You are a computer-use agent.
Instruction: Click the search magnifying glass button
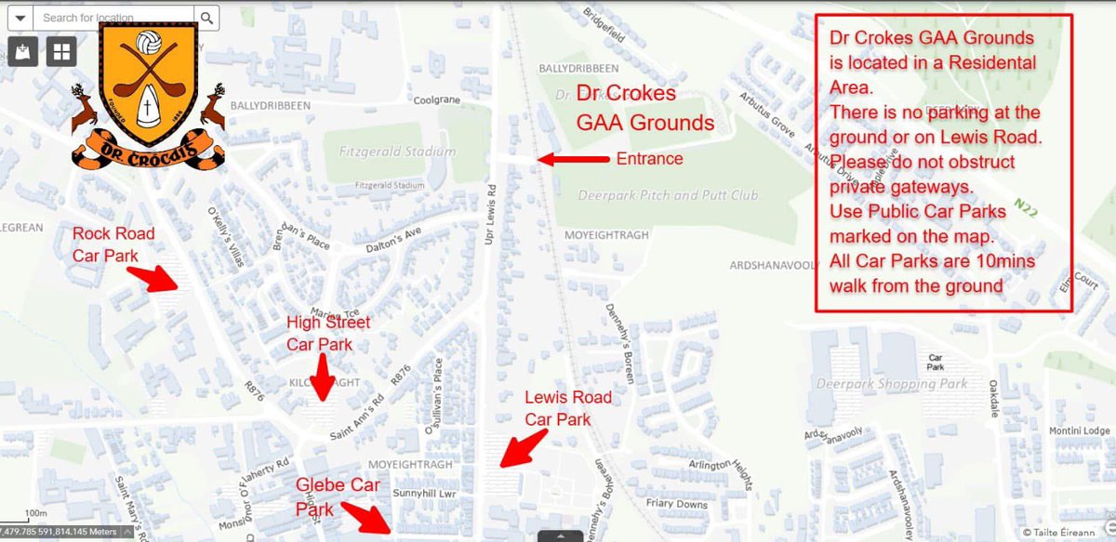tap(206, 17)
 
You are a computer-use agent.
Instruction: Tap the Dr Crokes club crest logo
tap(149, 97)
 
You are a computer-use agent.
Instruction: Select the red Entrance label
tap(649, 159)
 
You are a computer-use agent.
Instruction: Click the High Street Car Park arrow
tap(322, 377)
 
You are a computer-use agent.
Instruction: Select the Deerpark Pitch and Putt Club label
tap(668, 195)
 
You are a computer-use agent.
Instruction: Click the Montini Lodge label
tap(1079, 430)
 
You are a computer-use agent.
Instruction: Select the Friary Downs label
tap(680, 504)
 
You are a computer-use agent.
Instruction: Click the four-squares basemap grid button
tap(62, 51)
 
